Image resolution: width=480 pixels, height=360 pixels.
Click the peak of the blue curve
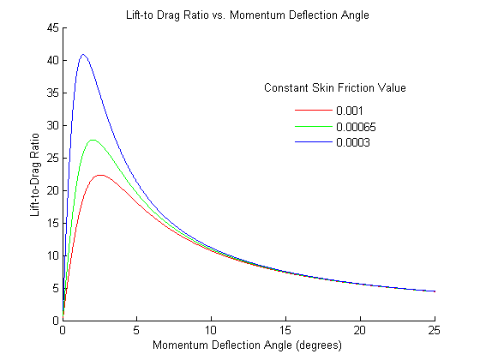tap(83, 54)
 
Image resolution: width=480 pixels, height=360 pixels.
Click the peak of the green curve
tap(93, 140)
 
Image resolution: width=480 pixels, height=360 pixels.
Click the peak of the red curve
tap(100, 175)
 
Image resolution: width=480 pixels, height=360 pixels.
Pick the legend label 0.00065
tap(356, 127)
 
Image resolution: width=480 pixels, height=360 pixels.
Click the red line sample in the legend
tap(312, 111)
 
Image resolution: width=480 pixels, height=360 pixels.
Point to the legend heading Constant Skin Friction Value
tap(334, 88)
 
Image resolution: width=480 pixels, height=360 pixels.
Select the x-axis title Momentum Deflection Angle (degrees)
tap(249, 345)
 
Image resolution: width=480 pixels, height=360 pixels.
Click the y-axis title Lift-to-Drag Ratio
tap(35, 173)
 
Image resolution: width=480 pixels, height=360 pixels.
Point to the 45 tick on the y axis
tap(53, 27)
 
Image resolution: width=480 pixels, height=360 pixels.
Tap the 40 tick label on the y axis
tap(53, 60)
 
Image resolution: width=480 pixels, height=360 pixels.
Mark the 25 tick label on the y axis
tap(53, 158)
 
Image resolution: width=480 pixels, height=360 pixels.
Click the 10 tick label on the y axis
tap(53, 255)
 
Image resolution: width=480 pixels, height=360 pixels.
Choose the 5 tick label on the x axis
tap(137, 330)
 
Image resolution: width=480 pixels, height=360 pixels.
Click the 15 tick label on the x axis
tap(285, 330)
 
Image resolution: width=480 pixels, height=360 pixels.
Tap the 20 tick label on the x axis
tap(360, 330)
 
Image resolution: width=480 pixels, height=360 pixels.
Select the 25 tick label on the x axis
tap(435, 330)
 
